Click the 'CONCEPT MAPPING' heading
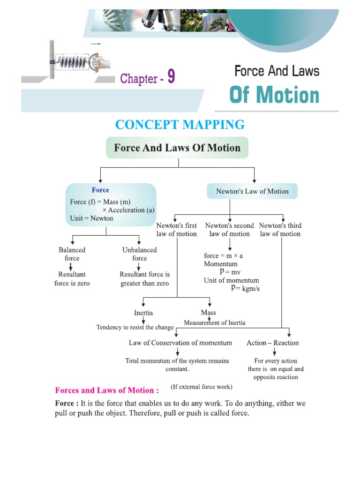pyautogui.click(x=180, y=125)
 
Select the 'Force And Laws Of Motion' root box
pyautogui.click(x=177, y=148)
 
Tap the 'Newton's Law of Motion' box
pyautogui.click(x=252, y=191)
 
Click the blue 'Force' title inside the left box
pyautogui.click(x=100, y=190)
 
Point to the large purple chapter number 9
pyautogui.click(x=171, y=77)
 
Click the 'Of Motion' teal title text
pyautogui.click(x=274, y=95)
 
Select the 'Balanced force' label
pyautogui.click(x=72, y=254)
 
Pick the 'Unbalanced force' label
pyautogui.click(x=139, y=254)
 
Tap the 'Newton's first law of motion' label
pyautogui.click(x=177, y=230)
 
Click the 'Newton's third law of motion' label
pyautogui.click(x=280, y=230)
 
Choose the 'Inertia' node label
pyautogui.click(x=143, y=313)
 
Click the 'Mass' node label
pyautogui.click(x=209, y=313)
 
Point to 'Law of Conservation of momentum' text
pyautogui.click(x=180, y=343)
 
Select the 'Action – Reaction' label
pyautogui.click(x=272, y=343)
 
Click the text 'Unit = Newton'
pyautogui.click(x=91, y=218)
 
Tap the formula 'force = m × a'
pyautogui.click(x=223, y=256)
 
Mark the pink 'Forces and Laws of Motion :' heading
pyautogui.click(x=107, y=390)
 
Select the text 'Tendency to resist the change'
pyautogui.click(x=135, y=327)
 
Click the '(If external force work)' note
pyautogui.click(x=202, y=387)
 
